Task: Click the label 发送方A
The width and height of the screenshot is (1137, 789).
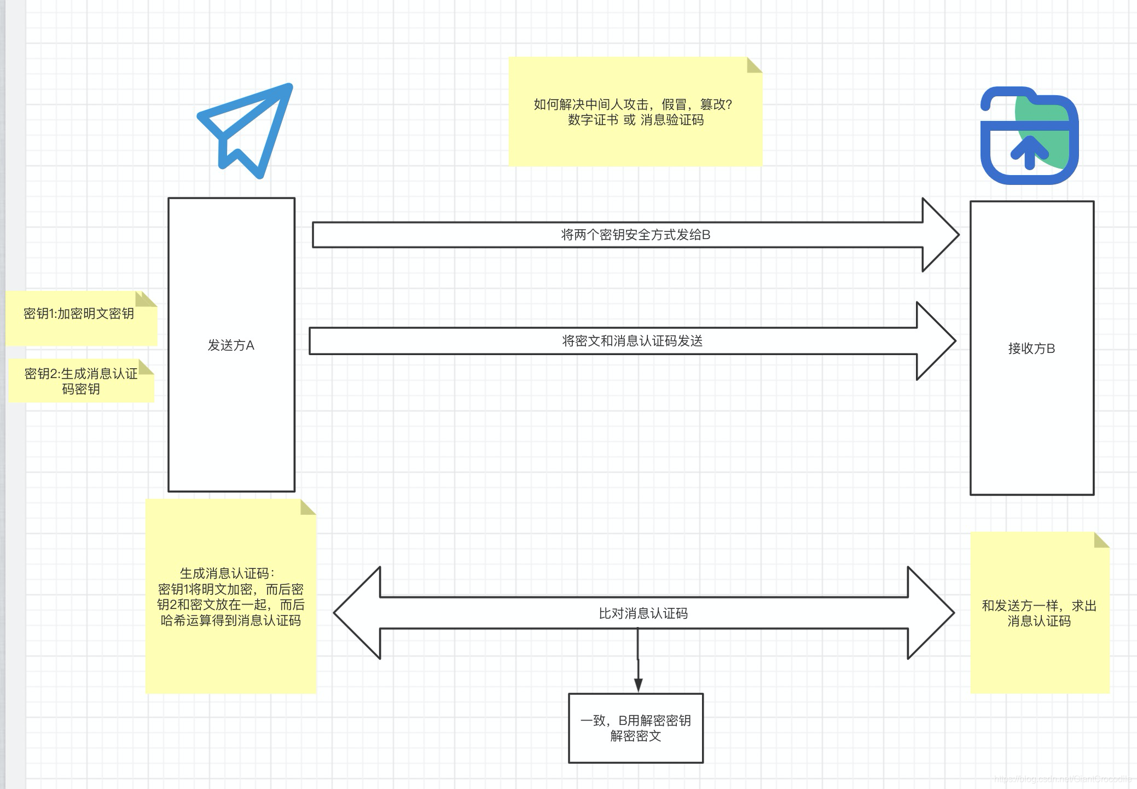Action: pos(231,345)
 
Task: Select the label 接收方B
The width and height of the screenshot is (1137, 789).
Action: pos(1031,349)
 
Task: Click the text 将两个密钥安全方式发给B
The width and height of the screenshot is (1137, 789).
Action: pos(635,235)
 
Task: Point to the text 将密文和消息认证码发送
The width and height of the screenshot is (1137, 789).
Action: pos(632,341)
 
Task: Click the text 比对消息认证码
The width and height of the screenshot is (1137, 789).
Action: pos(643,613)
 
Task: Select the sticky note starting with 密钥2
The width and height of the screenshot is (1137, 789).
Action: pos(81,381)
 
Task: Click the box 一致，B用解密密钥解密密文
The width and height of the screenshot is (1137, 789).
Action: pos(636,728)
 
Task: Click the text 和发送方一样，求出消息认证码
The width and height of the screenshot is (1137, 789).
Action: pos(1039,613)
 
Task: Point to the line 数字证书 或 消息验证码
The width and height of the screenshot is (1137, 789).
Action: pos(635,120)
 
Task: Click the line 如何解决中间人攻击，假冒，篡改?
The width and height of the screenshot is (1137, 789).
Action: pos(633,105)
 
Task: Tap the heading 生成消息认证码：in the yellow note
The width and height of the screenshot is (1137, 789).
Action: pos(227,573)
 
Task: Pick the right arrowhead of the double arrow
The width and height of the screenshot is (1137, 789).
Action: pos(930,613)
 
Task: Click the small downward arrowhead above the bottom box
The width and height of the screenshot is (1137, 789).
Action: pos(638,685)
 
